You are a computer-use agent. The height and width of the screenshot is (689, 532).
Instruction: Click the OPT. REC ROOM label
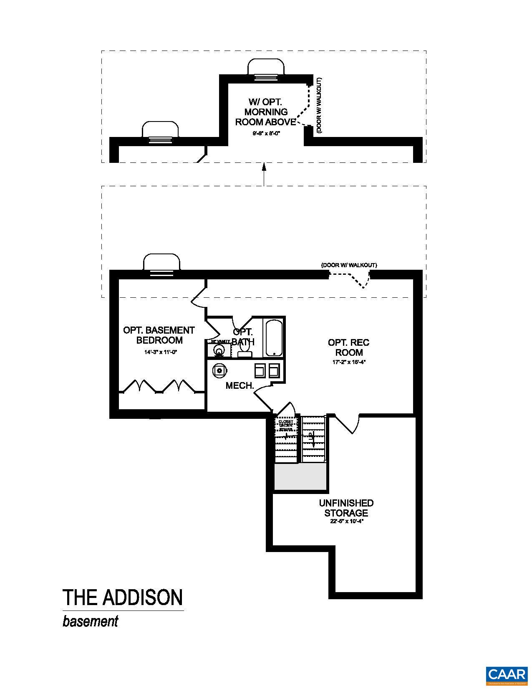[x=348, y=347]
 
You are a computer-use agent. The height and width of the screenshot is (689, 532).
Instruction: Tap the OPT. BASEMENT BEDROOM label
[x=159, y=335]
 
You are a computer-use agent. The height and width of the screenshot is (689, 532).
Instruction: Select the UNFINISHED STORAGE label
[x=346, y=508]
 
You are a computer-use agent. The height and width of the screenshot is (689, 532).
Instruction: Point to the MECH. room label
[x=240, y=386]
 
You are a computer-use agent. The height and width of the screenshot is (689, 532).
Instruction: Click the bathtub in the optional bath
[x=274, y=338]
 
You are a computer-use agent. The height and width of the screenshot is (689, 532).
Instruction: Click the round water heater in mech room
[x=219, y=370]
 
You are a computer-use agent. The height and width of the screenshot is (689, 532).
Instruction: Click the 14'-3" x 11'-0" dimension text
[x=161, y=352]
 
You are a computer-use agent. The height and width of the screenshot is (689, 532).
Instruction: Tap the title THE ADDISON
[x=123, y=598]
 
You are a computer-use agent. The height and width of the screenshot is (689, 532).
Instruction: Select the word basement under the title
[x=91, y=621]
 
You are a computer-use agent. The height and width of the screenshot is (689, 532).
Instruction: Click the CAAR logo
[x=507, y=674]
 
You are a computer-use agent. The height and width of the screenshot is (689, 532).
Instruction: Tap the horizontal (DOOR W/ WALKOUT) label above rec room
[x=349, y=265]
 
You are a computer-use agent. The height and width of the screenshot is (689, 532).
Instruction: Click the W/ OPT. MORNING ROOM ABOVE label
[x=266, y=112]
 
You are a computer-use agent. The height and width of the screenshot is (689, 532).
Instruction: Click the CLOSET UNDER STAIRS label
[x=286, y=425]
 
